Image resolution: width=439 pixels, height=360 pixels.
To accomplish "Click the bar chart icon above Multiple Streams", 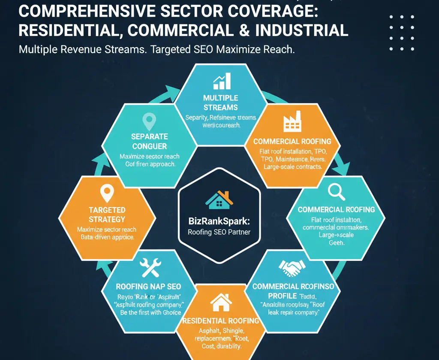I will [222, 81].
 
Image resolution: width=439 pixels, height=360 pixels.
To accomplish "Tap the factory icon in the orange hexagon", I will [292, 122].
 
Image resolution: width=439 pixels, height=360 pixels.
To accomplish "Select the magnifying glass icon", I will [336, 191].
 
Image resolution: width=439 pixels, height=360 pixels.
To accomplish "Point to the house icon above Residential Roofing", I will [220, 303].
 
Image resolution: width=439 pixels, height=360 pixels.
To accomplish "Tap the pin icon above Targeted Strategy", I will [107, 194].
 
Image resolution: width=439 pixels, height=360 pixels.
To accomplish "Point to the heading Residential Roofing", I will [220, 321].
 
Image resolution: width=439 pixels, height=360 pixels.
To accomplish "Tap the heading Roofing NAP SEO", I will [148, 286].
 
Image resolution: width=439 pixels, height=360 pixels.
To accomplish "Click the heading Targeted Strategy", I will [107, 215].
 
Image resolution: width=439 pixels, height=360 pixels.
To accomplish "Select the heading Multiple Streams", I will [221, 103].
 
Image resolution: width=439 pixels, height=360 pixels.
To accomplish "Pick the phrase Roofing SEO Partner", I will [219, 233].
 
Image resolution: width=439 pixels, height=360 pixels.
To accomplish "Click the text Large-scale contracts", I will [291, 166].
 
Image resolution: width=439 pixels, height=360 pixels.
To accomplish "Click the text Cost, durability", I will [220, 346].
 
